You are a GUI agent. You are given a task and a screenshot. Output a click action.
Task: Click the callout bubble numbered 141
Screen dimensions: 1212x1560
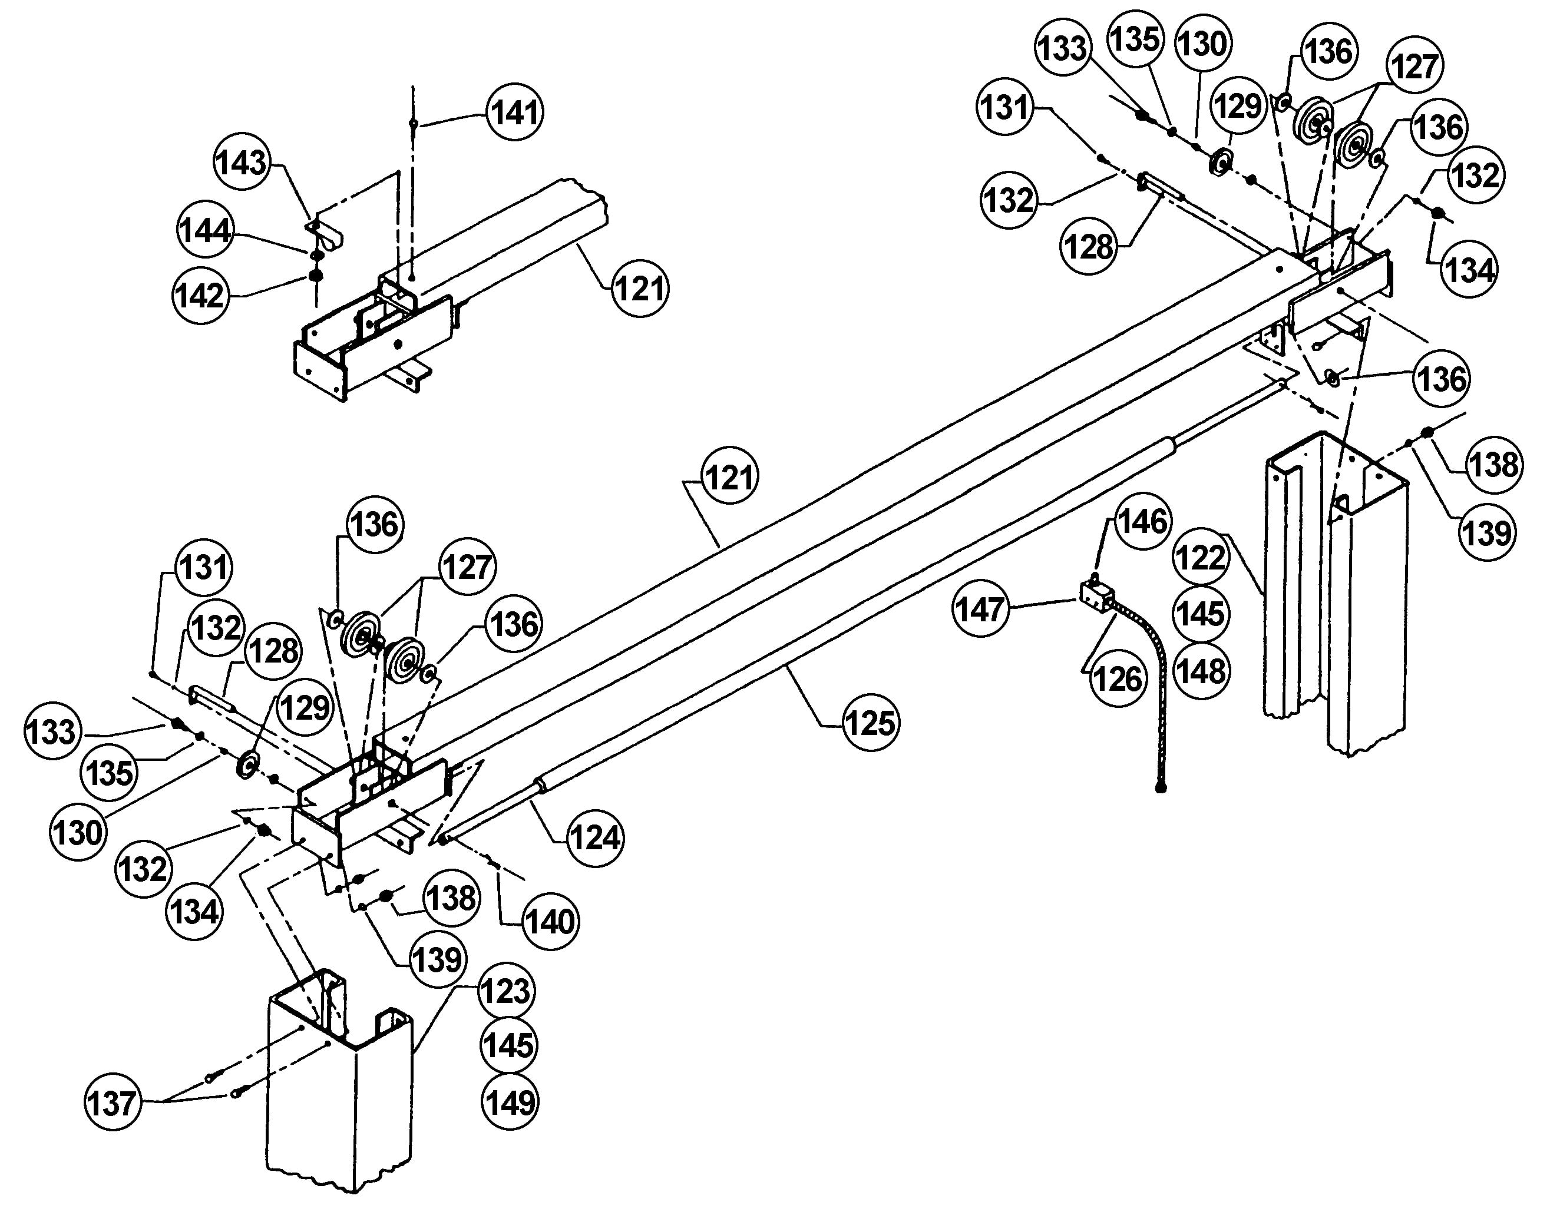point(515,112)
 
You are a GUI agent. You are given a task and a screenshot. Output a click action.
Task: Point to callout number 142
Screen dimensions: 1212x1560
point(200,294)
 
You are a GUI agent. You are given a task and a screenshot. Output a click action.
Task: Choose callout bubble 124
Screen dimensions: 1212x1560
point(596,837)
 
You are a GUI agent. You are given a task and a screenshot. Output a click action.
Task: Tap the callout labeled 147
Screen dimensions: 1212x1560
point(981,609)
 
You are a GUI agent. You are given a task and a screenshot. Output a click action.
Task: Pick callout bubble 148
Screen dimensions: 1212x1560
point(1201,671)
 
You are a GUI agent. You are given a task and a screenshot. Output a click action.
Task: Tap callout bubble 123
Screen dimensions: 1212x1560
point(505,991)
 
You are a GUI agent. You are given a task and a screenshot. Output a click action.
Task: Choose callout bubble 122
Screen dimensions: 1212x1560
point(1200,557)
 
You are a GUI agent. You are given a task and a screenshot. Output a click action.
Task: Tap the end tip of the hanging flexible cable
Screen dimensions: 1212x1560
point(1161,788)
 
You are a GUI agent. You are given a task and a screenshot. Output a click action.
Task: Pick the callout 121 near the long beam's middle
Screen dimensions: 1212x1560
point(729,476)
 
